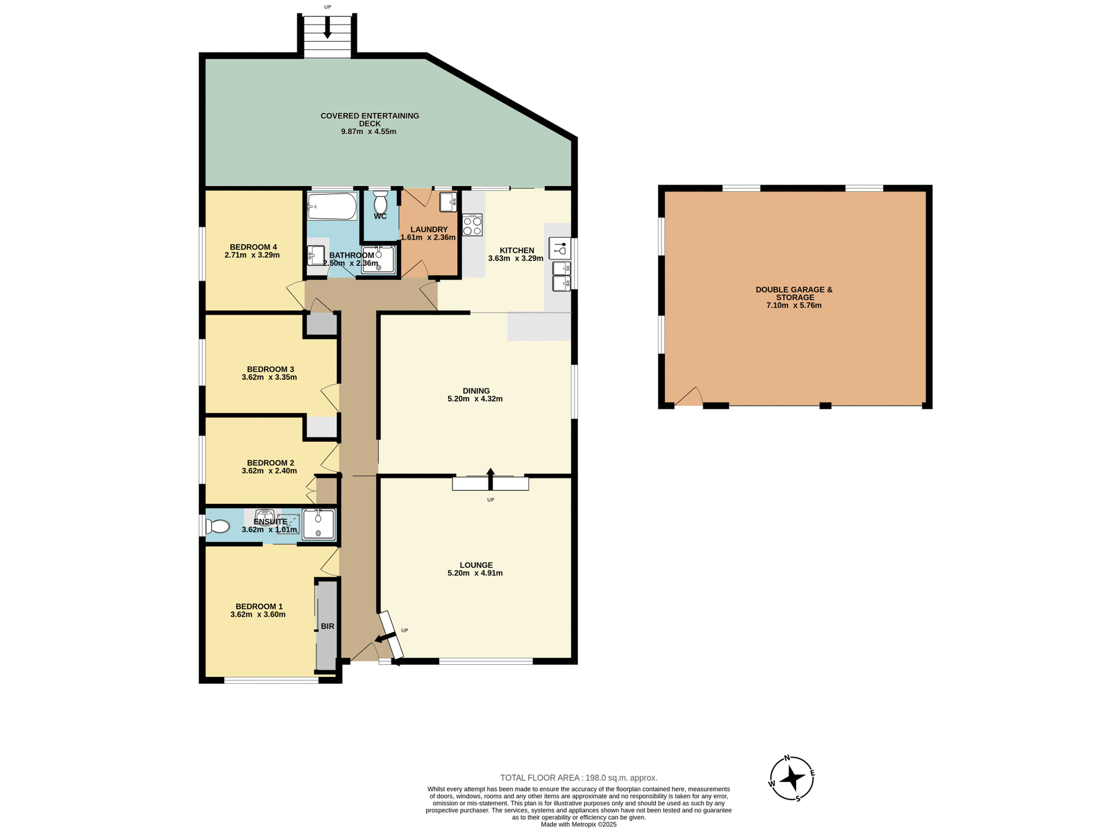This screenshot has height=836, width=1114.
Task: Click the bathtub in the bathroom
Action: [332, 207]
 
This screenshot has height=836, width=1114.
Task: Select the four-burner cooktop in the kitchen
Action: [472, 225]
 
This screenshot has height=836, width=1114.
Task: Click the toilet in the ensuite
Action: [217, 527]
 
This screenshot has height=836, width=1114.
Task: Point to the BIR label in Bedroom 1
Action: [327, 626]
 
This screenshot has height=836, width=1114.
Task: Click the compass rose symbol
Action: [791, 779]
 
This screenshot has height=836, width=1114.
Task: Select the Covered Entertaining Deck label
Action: [370, 120]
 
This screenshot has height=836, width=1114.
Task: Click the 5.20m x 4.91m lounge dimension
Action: [475, 573]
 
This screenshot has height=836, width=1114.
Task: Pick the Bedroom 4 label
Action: [253, 247]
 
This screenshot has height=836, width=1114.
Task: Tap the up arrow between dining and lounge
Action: [490, 478]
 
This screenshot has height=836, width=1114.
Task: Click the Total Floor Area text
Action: [578, 778]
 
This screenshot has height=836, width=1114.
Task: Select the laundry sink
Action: [447, 202]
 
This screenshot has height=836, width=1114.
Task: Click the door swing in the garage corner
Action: [689, 397]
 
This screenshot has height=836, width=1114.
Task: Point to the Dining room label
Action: [476, 391]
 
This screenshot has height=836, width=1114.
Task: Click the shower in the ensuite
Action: [319, 524]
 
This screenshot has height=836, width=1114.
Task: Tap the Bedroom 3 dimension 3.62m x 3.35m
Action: [269, 377]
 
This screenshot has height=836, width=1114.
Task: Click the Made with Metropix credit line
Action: [578, 824]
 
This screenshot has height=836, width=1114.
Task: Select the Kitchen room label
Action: [516, 250]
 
